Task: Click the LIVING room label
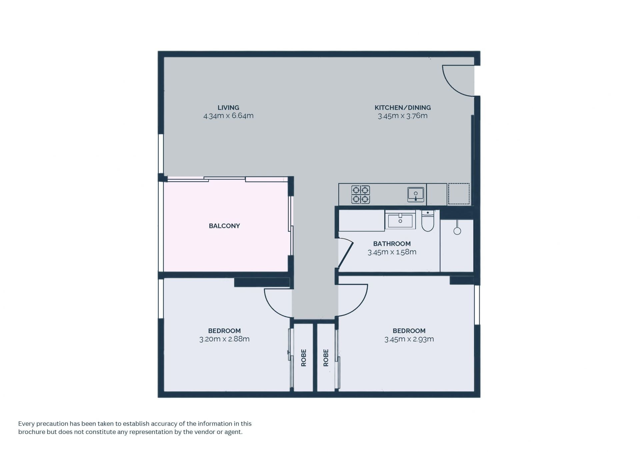pyautogui.click(x=228, y=108)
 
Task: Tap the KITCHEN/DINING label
pyautogui.click(x=403, y=108)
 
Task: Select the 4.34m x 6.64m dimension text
pyautogui.click(x=228, y=116)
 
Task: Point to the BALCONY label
pyautogui.click(x=224, y=226)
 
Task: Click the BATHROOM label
pyautogui.click(x=392, y=244)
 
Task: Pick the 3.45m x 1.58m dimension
pyautogui.click(x=392, y=252)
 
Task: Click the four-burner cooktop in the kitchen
pyautogui.click(x=361, y=195)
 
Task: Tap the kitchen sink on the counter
pyautogui.click(x=416, y=195)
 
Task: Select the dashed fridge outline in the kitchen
pyautogui.click(x=459, y=194)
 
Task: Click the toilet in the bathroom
pyautogui.click(x=428, y=221)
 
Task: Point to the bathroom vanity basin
pyautogui.click(x=400, y=221)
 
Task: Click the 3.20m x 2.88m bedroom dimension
pyautogui.click(x=224, y=339)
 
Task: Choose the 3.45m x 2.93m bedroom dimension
pyautogui.click(x=409, y=339)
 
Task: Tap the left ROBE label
pyautogui.click(x=304, y=358)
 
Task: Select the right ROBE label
pyautogui.click(x=326, y=358)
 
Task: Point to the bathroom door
pyautogui.click(x=346, y=252)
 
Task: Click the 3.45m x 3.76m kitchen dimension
pyautogui.click(x=403, y=116)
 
